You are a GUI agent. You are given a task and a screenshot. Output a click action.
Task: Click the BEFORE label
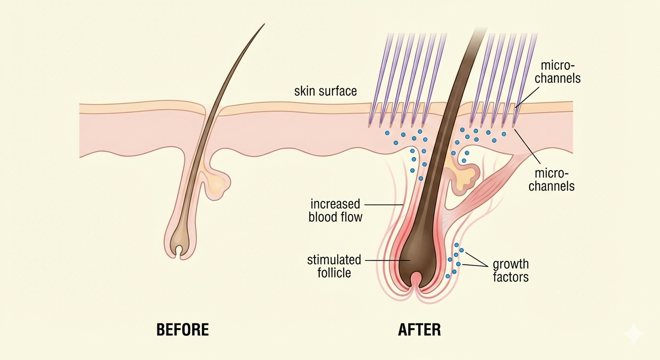pos(182,330)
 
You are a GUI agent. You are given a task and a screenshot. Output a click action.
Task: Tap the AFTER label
pos(420,330)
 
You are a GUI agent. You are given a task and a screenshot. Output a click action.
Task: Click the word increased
pos(335,204)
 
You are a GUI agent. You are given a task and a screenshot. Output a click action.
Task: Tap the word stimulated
pos(334,260)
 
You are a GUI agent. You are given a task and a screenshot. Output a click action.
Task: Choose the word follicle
pos(334,272)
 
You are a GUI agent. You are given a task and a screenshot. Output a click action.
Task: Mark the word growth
pos(510,264)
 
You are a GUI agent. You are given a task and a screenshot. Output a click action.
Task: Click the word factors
pos(510,277)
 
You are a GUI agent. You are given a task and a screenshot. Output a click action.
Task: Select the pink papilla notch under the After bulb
pos(417,282)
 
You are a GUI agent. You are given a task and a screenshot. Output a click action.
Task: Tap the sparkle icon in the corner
pos(634,333)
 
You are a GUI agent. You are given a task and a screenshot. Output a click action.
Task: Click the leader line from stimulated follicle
pos(382,260)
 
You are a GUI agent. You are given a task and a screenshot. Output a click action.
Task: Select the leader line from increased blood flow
pos(383,205)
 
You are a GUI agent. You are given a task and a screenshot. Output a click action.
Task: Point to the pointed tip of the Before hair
pos(264,24)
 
